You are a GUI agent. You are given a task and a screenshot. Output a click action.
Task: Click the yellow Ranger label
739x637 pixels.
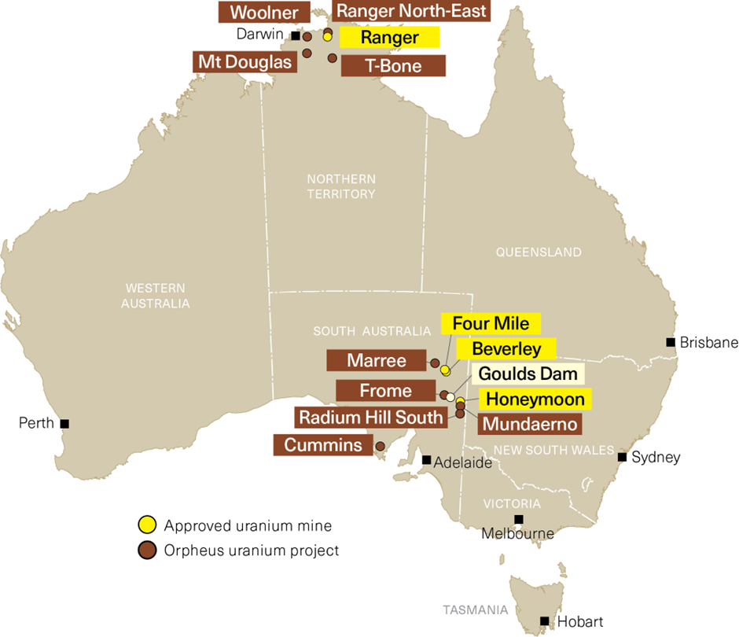389,37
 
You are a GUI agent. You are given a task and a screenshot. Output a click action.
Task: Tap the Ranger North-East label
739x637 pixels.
411,11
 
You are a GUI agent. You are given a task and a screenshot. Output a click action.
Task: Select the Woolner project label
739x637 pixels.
263,13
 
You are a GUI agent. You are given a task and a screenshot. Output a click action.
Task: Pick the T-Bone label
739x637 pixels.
393,66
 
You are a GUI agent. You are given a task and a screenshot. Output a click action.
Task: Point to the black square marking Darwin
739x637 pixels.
296,35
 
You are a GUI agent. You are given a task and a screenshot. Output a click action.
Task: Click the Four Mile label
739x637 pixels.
491,323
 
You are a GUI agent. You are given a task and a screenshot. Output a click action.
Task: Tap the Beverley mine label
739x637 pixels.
506,348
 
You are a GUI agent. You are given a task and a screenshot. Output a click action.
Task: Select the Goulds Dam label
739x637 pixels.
527,374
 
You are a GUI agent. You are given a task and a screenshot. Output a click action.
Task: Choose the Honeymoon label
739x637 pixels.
535,399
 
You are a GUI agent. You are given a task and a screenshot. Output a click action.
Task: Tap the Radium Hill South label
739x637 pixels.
369,417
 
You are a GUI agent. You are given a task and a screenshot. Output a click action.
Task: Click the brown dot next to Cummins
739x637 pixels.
381,446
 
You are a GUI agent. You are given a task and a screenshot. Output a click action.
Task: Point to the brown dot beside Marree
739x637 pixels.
435,363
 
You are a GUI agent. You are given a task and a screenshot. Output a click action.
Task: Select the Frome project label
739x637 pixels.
385,390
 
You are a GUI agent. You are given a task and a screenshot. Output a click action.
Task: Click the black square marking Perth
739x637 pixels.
64,423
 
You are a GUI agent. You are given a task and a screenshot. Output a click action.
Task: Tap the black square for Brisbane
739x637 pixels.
670,342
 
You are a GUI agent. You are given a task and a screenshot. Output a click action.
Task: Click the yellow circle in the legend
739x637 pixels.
145,525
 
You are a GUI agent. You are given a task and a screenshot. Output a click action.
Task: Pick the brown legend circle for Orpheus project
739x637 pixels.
145,550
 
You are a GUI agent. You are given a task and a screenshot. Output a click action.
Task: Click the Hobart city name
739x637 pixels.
579,622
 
